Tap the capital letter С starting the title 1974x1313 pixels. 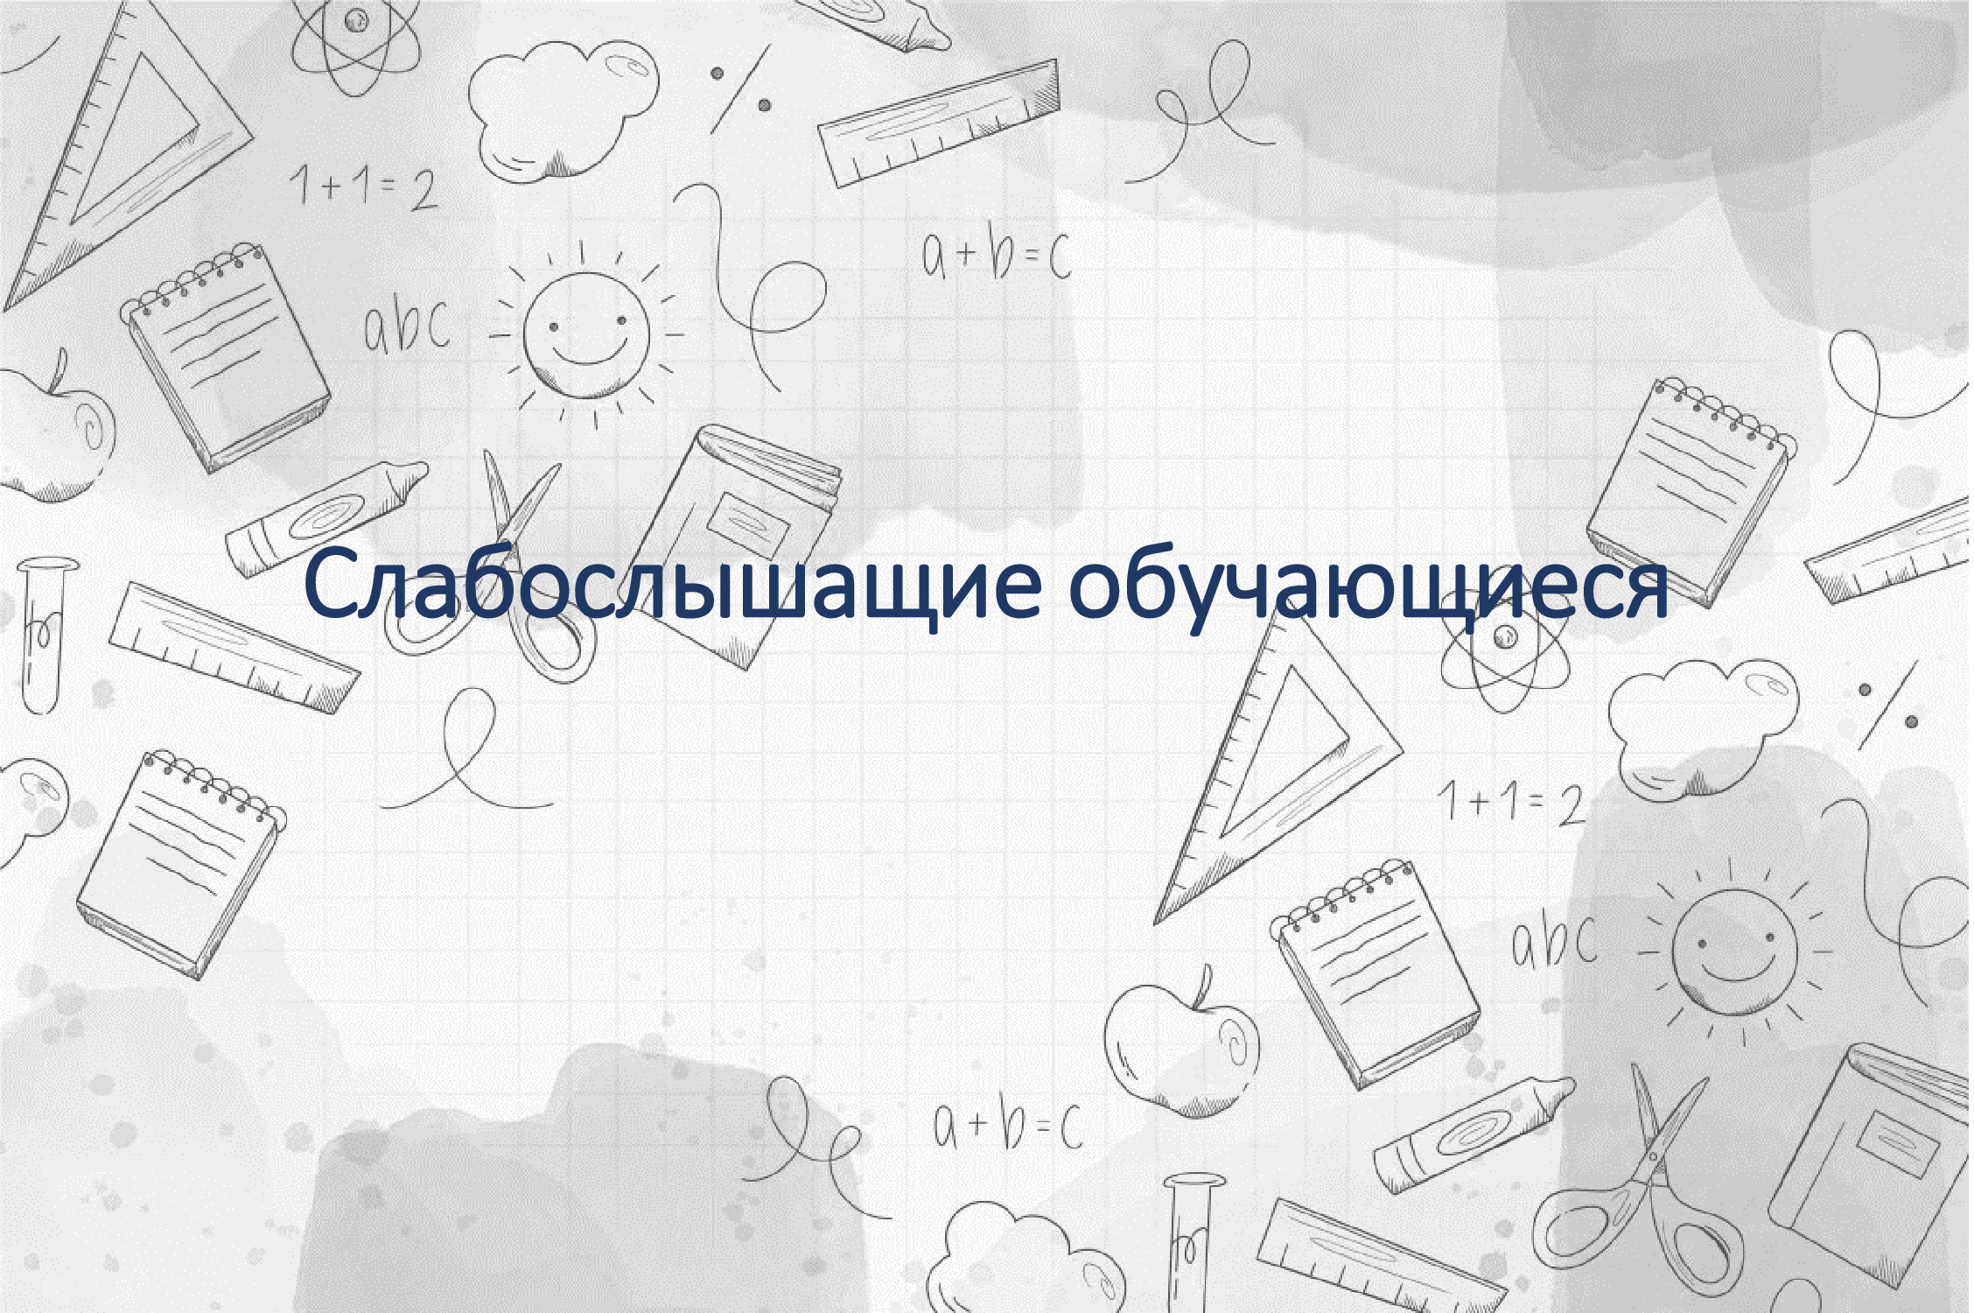[x=332, y=583]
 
